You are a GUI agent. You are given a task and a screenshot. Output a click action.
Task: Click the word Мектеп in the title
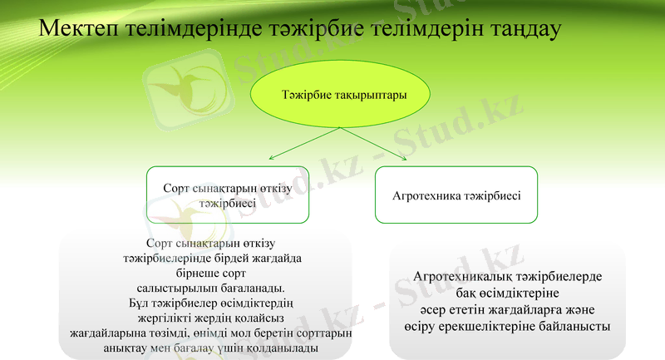pyautogui.click(x=79, y=29)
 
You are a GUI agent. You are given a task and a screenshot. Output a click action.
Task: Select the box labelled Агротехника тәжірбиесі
pyautogui.click(x=456, y=195)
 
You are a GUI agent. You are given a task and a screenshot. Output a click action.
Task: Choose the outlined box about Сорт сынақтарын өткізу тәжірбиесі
pyautogui.click(x=227, y=195)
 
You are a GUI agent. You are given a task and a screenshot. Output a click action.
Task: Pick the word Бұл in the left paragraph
pyautogui.click(x=140, y=302)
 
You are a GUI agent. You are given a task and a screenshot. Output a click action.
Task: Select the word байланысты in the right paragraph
pyautogui.click(x=577, y=326)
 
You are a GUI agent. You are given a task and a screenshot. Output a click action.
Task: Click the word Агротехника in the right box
pyautogui.click(x=426, y=195)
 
